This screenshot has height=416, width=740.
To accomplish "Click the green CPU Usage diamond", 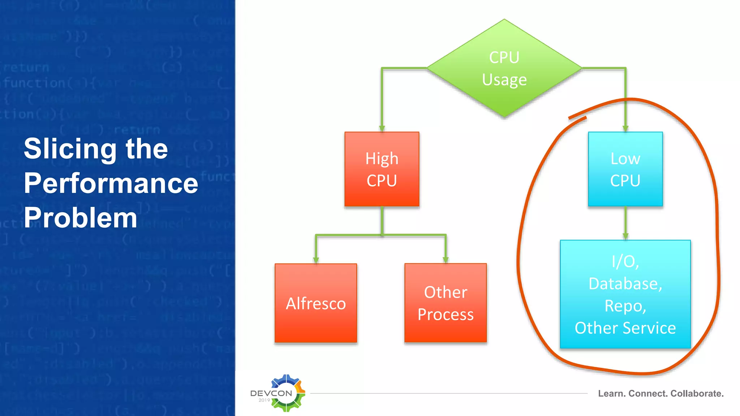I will coord(504,68).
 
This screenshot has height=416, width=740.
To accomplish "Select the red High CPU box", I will coord(382,169).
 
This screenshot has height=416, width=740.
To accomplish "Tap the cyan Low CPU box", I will coord(625,169).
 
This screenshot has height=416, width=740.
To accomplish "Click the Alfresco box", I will coord(316,303).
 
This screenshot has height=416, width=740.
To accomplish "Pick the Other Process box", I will coord(446,303).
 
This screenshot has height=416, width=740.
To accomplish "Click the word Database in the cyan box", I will coord(625,284).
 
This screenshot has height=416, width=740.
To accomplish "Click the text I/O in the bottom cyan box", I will coord(625,261).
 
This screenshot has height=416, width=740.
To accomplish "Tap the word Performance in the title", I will coord(111,183).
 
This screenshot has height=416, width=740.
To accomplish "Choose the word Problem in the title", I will coord(80,218).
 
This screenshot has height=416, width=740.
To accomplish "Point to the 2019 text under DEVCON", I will coord(264,400).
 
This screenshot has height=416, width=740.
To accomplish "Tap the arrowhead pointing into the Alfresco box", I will coord(316,260).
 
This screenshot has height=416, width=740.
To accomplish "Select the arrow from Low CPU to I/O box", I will coord(625,223).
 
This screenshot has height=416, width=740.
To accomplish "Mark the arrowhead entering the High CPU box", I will coord(382,128).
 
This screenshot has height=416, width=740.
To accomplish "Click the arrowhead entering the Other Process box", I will coord(446,260).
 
